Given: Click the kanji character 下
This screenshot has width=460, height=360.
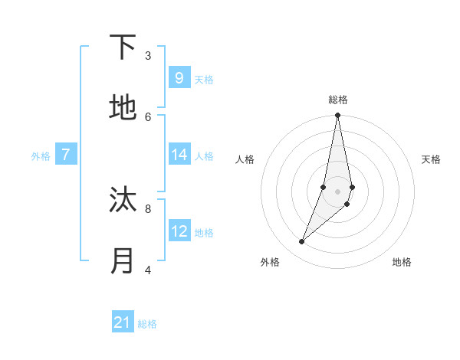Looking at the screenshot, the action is pyautogui.click(x=123, y=47).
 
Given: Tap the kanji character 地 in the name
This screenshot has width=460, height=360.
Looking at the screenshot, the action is pyautogui.click(x=123, y=108).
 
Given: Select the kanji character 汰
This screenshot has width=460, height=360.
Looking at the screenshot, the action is pyautogui.click(x=123, y=200).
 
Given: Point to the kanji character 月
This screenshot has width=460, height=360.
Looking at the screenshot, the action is pyautogui.click(x=123, y=261).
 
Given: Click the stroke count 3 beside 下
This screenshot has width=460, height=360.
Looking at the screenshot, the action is pyautogui.click(x=148, y=55).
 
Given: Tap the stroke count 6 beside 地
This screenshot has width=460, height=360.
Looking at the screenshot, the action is pyautogui.click(x=148, y=116).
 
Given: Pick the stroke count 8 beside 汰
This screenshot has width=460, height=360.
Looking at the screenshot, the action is pyautogui.click(x=148, y=208).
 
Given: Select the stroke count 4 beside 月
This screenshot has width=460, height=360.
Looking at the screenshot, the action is pyautogui.click(x=148, y=270).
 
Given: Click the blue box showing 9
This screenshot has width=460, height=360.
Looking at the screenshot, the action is pyautogui.click(x=179, y=78).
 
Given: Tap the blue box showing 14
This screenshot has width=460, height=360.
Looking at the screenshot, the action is pyautogui.click(x=179, y=155).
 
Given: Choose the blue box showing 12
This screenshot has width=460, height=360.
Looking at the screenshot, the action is pyautogui.click(x=179, y=231).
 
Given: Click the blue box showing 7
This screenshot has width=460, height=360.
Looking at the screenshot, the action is pyautogui.click(x=66, y=155).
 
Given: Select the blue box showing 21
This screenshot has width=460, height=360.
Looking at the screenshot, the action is pyautogui.click(x=123, y=323).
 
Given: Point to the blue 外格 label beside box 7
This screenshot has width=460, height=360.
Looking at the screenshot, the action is pyautogui.click(x=41, y=156).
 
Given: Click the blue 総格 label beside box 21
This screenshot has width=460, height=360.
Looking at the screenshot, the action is pyautogui.click(x=147, y=325).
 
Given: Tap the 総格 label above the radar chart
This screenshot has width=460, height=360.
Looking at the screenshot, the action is pyautogui.click(x=337, y=100).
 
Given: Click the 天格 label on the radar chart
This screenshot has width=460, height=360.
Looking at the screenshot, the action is pyautogui.click(x=431, y=159).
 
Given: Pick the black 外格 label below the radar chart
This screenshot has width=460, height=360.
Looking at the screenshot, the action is pyautogui.click(x=270, y=262).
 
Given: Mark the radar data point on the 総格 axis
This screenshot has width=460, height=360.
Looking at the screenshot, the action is pyautogui.click(x=337, y=116).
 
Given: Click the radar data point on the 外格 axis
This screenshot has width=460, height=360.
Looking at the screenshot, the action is pyautogui.click(x=301, y=242).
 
